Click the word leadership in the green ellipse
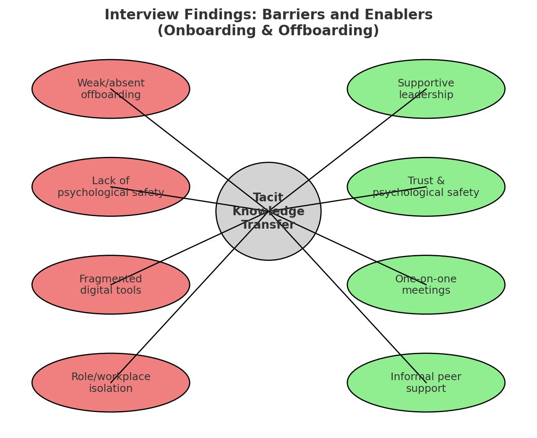coord(426,95)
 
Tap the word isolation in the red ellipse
coord(111,389)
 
